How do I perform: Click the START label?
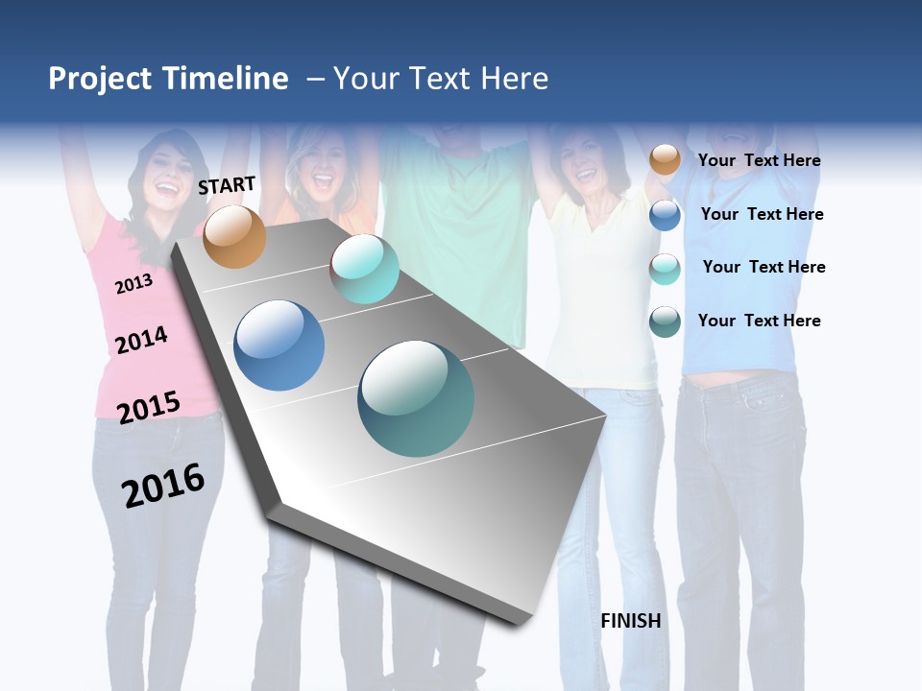click(x=227, y=185)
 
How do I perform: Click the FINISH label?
click(x=630, y=621)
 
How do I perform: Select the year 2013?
click(x=133, y=284)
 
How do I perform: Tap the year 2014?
click(x=141, y=340)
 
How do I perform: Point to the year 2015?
click(x=149, y=407)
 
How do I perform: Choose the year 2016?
click(x=163, y=486)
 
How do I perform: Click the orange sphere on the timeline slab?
click(x=234, y=236)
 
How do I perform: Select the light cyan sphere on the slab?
click(x=364, y=269)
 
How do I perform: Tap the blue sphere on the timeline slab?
click(x=279, y=345)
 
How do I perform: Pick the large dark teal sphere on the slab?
click(x=416, y=398)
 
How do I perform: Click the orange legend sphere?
click(x=665, y=160)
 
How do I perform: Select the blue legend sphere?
click(x=665, y=215)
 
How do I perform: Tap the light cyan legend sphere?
click(x=665, y=269)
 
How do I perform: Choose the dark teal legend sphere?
click(x=665, y=322)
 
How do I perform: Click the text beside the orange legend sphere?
click(x=759, y=160)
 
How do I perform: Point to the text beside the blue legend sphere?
click(x=762, y=214)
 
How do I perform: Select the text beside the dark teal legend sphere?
click(x=759, y=321)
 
